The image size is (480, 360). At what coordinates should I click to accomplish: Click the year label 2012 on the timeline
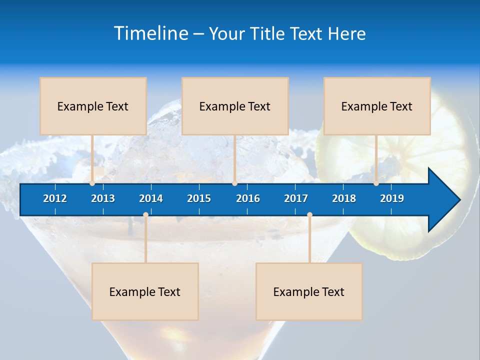point(55,198)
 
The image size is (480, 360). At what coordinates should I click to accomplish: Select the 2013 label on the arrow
point(103,198)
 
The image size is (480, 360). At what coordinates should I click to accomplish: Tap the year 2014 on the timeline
point(151,198)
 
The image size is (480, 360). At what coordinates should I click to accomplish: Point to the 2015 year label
point(199,198)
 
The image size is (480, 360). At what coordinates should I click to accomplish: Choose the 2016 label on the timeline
point(248,198)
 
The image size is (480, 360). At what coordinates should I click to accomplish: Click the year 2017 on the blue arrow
point(296,198)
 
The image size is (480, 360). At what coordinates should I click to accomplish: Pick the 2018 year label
point(344,198)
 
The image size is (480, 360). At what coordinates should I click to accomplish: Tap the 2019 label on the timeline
point(392,198)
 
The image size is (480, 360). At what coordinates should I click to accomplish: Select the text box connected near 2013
point(93,106)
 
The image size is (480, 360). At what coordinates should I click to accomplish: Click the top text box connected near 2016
point(235,106)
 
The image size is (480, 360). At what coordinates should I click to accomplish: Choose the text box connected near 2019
point(377,106)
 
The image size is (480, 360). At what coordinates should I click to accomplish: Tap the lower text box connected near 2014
point(145,291)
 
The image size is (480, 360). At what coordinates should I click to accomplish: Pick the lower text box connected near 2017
point(309,291)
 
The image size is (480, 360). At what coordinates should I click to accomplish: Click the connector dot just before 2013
point(92,183)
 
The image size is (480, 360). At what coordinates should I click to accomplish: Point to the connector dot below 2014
point(145,215)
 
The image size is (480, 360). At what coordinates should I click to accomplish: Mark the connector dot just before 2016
point(234,183)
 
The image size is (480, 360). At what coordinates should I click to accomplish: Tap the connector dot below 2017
point(309,215)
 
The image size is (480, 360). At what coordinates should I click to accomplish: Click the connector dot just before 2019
point(376,183)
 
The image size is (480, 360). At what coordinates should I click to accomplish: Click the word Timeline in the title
point(150,33)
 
